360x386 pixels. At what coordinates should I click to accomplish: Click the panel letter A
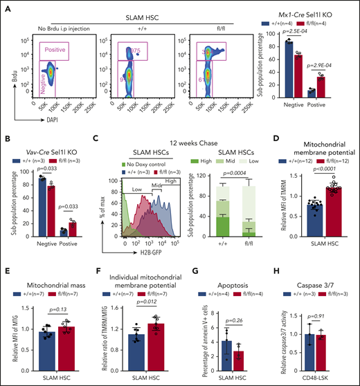6,6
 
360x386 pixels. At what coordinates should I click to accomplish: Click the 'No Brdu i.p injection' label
61,30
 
